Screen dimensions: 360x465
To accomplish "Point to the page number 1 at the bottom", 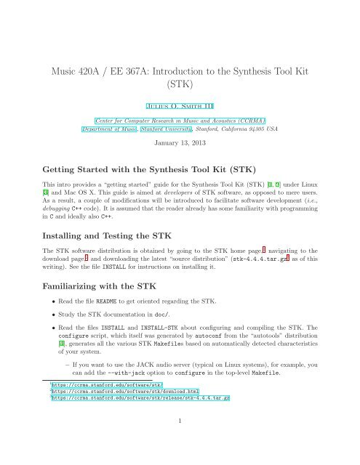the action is pos(180,459).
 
